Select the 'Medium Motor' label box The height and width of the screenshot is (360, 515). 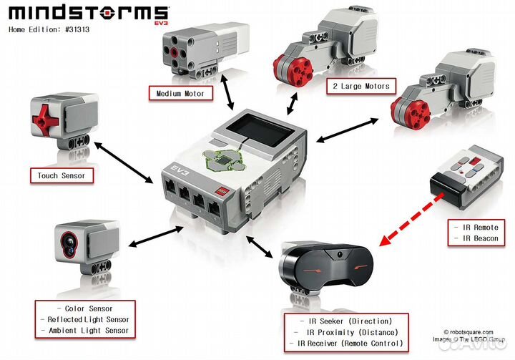coord(180,93)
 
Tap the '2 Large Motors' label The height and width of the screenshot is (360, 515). coord(360,87)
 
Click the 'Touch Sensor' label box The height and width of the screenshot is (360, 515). coord(61,175)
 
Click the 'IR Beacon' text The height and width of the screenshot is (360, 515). coord(476,238)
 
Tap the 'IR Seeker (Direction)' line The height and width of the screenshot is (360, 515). coord(347,321)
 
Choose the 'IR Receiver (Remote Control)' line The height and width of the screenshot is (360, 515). coord(347,344)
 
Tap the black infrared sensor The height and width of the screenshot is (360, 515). coord(325,270)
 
